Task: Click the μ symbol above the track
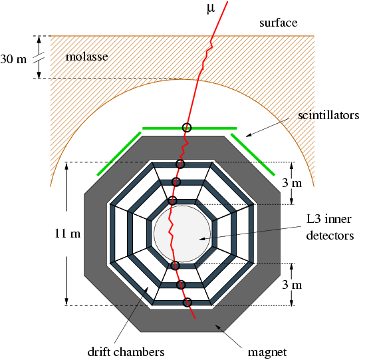point(211,9)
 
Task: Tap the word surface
point(278,23)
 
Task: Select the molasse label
point(86,57)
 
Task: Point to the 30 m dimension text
point(13,59)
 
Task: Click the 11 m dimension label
point(67,234)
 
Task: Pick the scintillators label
point(328,115)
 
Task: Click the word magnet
point(267,352)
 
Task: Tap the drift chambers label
point(126,352)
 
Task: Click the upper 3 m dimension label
point(292,183)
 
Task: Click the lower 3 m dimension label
point(292,285)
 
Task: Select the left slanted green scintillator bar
point(119,154)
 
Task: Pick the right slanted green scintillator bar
point(253,154)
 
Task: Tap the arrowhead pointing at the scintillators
point(248,135)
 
